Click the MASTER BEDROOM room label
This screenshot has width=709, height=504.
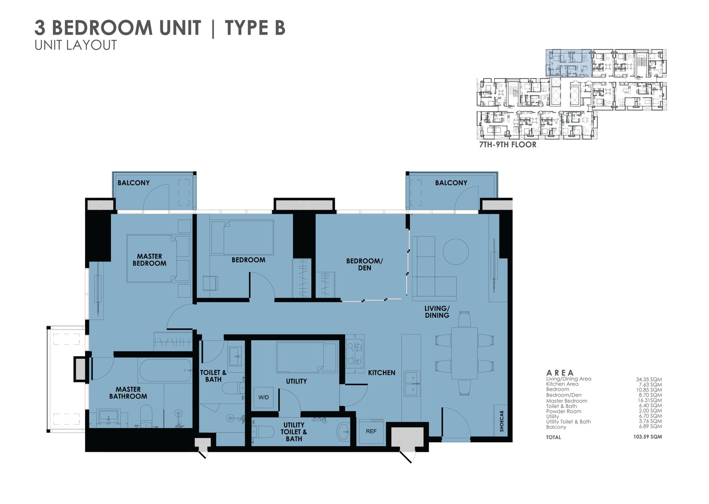149,260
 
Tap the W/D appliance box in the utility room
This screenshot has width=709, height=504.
264,398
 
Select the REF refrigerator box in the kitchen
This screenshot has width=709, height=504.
371,431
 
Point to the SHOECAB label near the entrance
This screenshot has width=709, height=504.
502,421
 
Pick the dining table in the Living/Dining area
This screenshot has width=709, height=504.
464,353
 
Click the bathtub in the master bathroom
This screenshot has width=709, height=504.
165,370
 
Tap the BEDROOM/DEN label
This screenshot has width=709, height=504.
364,264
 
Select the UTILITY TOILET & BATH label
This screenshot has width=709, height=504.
294,432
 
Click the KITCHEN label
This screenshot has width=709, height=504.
382,373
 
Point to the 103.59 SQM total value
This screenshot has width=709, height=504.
647,437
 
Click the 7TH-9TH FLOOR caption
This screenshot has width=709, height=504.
508,145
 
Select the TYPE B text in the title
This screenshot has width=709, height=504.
255,28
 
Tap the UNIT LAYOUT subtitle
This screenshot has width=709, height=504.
76,45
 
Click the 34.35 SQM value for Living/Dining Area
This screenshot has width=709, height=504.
649,379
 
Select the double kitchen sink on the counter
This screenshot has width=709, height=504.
412,384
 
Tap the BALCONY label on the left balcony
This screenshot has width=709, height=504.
133,183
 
